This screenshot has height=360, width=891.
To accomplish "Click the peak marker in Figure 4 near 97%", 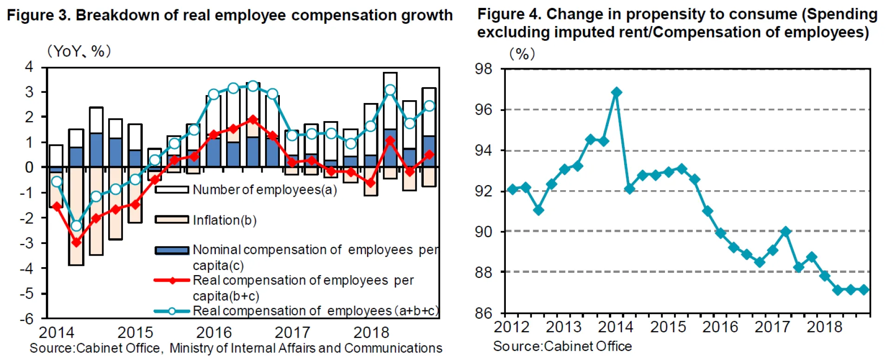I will (616, 92).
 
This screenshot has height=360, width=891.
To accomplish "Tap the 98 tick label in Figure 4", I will (484, 69).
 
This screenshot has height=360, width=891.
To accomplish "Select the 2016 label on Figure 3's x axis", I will (213, 333).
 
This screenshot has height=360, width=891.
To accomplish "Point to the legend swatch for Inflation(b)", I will (172, 220).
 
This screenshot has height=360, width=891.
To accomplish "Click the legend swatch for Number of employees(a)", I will (172, 190).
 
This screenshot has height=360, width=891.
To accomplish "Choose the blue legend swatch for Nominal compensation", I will (172, 251).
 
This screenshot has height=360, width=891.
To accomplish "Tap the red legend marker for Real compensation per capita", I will (172, 281).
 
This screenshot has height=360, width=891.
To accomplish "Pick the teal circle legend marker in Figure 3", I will (172, 311).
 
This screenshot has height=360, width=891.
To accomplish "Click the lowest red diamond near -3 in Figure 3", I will (77, 242).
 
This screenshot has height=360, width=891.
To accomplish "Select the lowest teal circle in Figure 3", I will (77, 226).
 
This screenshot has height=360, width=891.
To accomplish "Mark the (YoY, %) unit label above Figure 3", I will (79, 51).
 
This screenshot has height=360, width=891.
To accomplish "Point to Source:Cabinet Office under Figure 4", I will (562, 346).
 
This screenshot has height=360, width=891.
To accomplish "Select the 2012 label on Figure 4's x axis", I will (511, 327).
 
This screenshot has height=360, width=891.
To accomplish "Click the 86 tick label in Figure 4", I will (484, 314).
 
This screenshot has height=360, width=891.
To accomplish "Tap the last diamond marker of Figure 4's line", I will (864, 290).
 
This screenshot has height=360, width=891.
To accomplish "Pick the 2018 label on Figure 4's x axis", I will (824, 327).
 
